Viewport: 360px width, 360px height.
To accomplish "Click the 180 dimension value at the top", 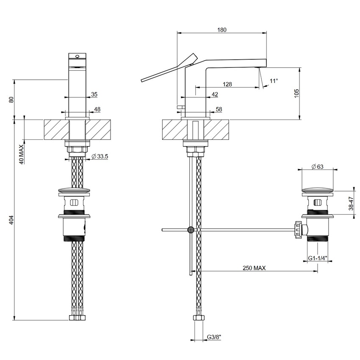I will click(222, 30).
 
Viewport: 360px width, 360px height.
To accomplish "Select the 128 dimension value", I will click(227, 84).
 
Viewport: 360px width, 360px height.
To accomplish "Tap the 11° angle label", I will click(274, 80).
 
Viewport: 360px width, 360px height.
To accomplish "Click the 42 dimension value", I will click(215, 94).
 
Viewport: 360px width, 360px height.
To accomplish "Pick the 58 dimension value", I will click(219, 109).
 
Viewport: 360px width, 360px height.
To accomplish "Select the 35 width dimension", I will click(94, 94).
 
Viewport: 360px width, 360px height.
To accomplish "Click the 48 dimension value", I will click(97, 109).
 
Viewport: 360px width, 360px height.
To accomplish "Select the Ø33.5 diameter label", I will click(100, 156).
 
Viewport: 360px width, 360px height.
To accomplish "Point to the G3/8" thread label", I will click(214, 337).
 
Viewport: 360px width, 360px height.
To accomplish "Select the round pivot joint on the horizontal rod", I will click(191, 230).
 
